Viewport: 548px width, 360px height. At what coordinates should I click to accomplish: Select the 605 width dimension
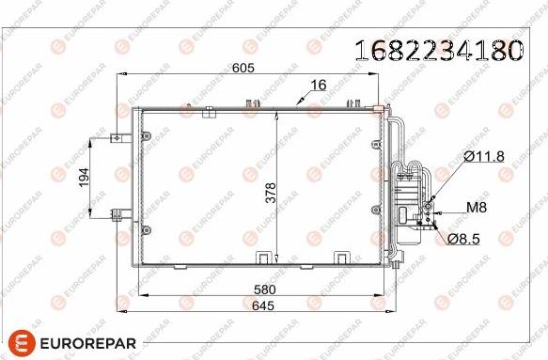tap(244, 67)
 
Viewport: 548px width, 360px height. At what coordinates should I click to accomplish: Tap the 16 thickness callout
tap(319, 86)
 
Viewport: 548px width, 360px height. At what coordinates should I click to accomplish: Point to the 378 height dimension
tap(270, 192)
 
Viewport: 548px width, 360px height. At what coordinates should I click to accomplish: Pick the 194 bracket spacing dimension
tap(84, 179)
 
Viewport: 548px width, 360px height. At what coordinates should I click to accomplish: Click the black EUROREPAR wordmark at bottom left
tap(91, 343)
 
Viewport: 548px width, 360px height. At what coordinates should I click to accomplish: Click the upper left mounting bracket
tap(117, 137)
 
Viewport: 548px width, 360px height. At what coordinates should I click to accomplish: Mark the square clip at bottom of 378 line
tap(270, 257)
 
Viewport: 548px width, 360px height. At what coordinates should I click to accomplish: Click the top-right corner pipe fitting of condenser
tap(382, 111)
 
